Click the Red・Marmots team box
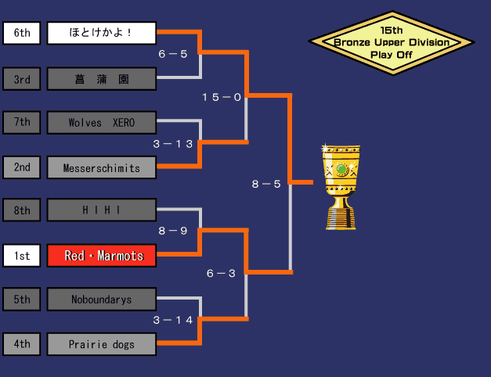click(101, 256)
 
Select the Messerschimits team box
click(101, 167)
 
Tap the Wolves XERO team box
click(101, 123)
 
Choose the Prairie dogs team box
click(101, 344)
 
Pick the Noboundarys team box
click(101, 300)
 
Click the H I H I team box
click(101, 210)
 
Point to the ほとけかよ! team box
click(101, 34)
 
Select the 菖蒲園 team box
click(101, 79)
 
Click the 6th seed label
click(22, 34)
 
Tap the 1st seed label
click(22, 256)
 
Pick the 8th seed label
click(22, 210)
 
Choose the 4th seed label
click(22, 344)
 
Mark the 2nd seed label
click(22, 167)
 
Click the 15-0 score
click(222, 97)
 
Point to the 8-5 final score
click(266, 184)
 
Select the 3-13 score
click(173, 144)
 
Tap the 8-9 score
click(173, 232)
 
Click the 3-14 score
click(173, 321)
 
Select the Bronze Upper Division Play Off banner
click(392, 43)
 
